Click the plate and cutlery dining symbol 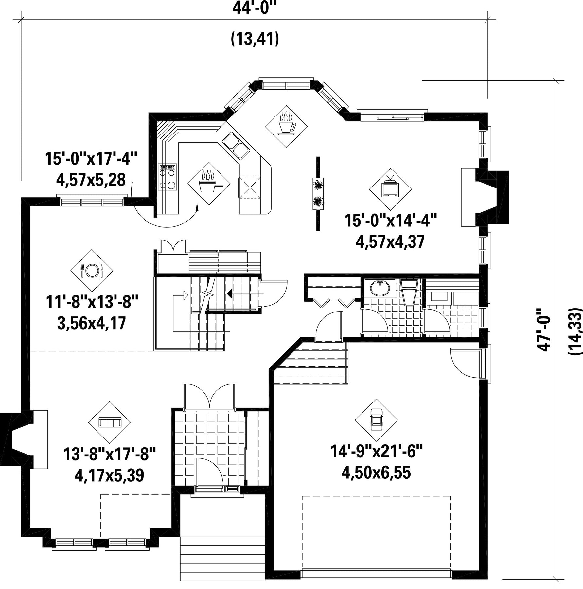click(92, 271)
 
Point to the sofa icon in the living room click(110, 422)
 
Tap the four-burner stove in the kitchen click(168, 177)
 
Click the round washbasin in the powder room click(380, 288)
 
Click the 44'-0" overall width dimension click(252, 7)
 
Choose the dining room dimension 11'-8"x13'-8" click(92, 301)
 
